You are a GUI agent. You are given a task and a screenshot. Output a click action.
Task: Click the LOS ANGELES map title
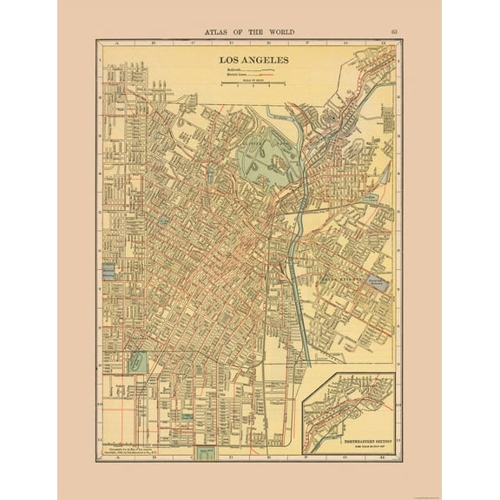point(250,60)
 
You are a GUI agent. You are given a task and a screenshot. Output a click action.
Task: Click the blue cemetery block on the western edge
point(108,271)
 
